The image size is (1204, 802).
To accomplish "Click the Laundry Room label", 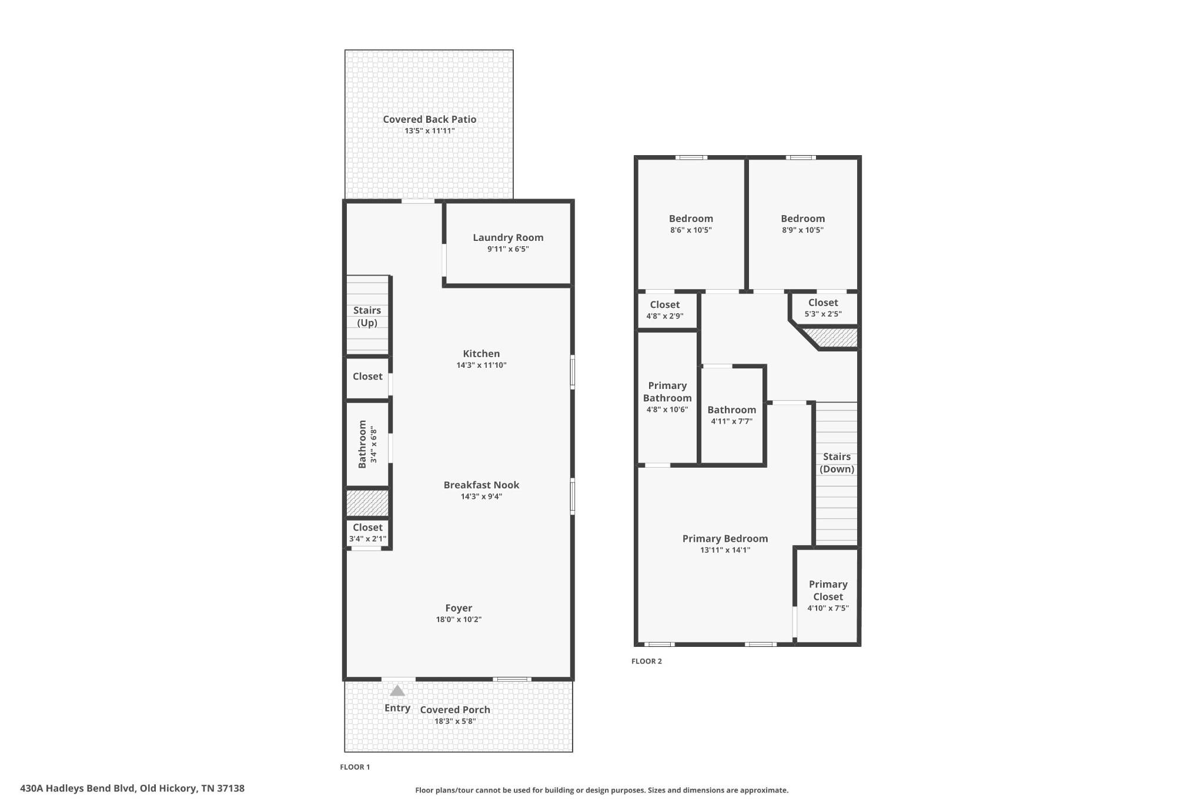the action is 508,237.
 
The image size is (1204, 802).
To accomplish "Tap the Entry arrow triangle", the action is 397,690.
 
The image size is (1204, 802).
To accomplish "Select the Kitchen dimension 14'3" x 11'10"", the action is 481,365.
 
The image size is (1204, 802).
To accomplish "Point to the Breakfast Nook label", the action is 481,485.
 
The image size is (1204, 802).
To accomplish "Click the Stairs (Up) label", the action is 367,316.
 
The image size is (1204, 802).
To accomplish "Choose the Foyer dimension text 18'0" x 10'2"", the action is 459,619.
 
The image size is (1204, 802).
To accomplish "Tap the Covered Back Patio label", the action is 430,119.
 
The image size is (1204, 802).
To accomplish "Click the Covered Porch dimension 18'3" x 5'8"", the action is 455,721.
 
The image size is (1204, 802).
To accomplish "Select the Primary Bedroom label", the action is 725,538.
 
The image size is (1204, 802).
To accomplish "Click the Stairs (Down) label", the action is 837,462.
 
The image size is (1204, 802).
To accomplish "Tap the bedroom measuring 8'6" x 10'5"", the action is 691,224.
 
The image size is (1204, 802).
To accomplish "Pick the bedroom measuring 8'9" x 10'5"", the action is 803,224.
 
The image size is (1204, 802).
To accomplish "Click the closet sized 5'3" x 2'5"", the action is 823,308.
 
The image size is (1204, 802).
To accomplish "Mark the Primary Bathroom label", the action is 667,391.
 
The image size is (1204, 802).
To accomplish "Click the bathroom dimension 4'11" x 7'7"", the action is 732,421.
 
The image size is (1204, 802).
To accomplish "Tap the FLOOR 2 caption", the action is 647,661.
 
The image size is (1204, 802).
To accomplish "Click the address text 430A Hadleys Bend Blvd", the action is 78,788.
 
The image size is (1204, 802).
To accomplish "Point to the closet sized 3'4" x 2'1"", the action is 367,533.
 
